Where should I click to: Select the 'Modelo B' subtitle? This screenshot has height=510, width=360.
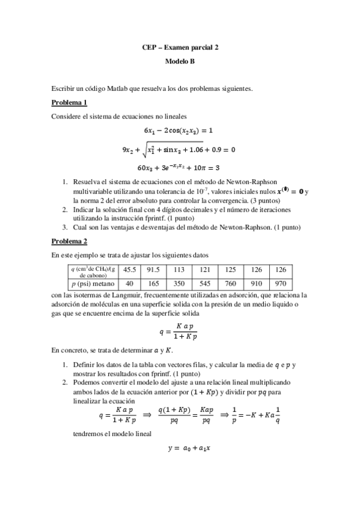180,61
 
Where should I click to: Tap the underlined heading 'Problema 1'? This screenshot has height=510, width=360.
69,102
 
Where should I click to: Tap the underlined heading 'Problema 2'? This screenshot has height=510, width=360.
69,241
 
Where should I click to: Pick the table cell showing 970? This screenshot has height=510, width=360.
280,282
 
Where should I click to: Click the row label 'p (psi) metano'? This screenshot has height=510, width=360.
90,282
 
